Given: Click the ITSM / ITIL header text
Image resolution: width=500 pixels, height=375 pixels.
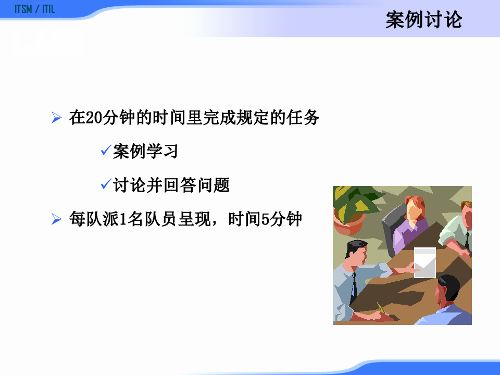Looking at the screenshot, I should [35, 9].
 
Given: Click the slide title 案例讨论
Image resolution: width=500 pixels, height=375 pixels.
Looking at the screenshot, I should [423, 21].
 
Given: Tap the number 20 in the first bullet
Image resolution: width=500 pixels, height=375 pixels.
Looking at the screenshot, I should [94, 118].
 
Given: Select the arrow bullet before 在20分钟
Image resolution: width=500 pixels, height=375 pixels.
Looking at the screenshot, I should [57, 118].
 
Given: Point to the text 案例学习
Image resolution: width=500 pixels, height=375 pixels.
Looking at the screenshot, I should [145, 152].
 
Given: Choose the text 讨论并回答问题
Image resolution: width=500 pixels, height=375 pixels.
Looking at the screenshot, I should [171, 185].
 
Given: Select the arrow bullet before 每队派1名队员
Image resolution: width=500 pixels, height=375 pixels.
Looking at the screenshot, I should [57, 219].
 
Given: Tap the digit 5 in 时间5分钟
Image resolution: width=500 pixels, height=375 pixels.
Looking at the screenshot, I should [265, 219].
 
